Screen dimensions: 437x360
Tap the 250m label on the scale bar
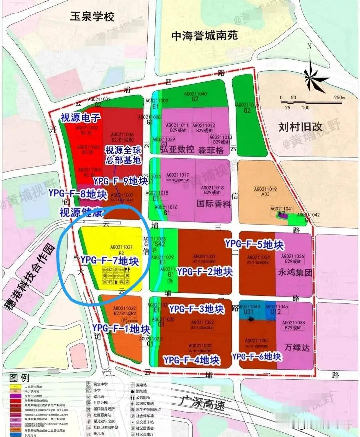point(339,98)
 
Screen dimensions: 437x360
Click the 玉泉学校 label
point(92,16)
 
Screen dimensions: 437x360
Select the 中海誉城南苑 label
point(204,36)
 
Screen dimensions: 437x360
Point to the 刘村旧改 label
point(300,127)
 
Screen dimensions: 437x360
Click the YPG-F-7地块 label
point(110,260)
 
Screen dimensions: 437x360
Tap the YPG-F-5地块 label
point(254,244)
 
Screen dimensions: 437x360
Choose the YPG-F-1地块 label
point(121,329)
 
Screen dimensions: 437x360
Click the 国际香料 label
point(214,203)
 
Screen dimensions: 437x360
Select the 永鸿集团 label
point(295,273)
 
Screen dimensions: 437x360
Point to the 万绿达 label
point(297,347)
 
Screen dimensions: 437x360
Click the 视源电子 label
point(80,117)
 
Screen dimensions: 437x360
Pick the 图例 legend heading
point(19,378)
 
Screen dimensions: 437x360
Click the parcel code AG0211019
point(265,189)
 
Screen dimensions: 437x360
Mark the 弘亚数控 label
point(177,149)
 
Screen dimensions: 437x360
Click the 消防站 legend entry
point(141,391)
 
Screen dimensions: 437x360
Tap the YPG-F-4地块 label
point(192,360)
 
